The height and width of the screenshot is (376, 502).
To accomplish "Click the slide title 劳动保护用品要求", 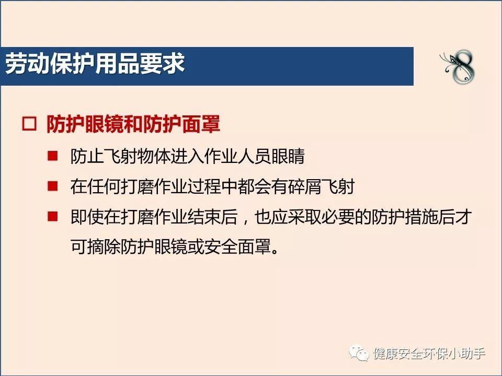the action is click(95, 63).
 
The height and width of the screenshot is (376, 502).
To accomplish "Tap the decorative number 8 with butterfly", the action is click(459, 66).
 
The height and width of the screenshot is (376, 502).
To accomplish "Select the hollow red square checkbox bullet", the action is click(29, 124).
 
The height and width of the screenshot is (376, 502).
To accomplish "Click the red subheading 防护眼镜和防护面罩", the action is click(133, 124).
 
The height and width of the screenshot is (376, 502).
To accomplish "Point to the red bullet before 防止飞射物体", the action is click(52, 156).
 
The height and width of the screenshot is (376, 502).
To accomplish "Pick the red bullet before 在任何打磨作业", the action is click(52, 186).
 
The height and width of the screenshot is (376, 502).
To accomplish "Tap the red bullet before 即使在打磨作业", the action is click(52, 216).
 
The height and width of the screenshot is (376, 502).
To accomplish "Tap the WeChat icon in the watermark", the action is click(359, 353).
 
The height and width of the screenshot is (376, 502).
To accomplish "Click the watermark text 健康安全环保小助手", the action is click(429, 354).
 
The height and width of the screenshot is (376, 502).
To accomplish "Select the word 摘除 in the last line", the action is click(104, 246).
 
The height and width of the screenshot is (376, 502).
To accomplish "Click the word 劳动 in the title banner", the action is click(28, 63).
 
